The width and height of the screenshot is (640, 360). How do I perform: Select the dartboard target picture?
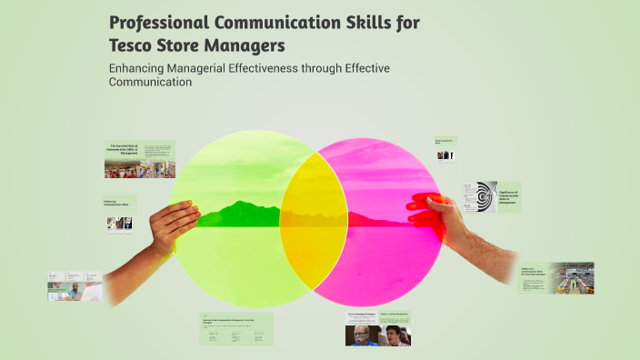pos(485,196)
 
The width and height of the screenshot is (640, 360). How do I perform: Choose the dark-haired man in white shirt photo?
pos(395,335)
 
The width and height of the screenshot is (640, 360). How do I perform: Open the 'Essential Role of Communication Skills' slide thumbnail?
pos(139,159)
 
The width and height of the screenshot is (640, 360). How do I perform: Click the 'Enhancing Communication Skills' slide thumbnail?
pos(119,215)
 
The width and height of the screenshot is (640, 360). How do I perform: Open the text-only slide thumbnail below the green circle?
pos(236,329)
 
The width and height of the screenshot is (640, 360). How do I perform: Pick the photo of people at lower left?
pos(76,286)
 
